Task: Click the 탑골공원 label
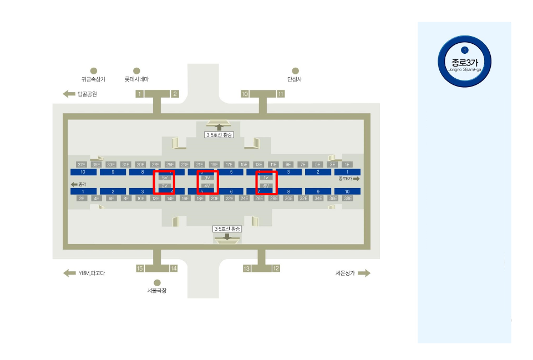click(87, 94)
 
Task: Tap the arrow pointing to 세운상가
click(364, 273)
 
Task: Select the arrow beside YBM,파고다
click(69, 273)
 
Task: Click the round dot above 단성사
click(295, 71)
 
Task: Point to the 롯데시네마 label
click(136, 79)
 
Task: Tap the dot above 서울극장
click(157, 283)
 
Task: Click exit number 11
click(281, 94)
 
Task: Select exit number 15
click(140, 268)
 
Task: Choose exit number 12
click(276, 268)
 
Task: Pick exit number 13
click(247, 268)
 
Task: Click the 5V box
click(165, 178)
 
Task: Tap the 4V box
click(207, 186)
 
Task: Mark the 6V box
click(266, 186)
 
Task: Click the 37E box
click(82, 165)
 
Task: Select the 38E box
click(348, 198)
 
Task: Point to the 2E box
click(82, 198)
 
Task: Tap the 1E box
click(347, 165)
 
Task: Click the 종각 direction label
click(79, 184)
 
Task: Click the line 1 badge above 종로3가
click(465, 50)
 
